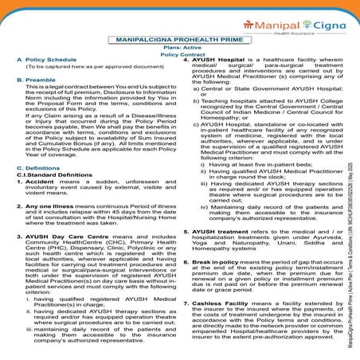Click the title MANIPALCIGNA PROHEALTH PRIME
[x=178, y=39]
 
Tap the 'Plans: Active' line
[x=178, y=49]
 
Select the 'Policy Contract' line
[x=178, y=57]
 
